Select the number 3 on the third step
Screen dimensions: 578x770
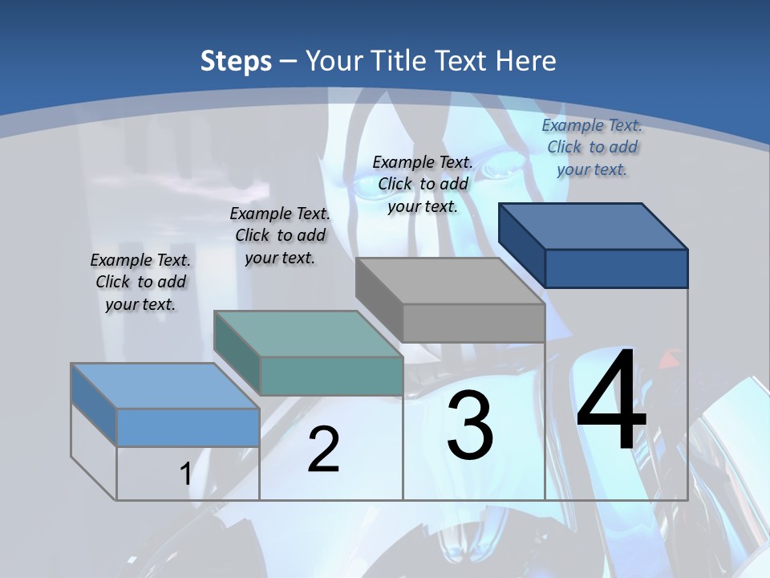click(470, 425)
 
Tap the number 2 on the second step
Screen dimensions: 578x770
click(323, 450)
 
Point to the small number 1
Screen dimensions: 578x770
click(185, 474)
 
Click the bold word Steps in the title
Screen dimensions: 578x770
click(236, 61)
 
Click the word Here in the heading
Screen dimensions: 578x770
click(526, 61)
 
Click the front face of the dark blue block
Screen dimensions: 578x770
click(616, 268)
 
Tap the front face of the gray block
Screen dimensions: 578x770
click(473, 323)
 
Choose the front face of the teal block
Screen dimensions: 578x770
click(331, 376)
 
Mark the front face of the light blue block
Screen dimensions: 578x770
click(188, 427)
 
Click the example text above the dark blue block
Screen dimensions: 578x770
click(592, 147)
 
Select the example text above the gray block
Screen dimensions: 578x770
click(423, 184)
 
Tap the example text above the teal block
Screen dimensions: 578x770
click(280, 235)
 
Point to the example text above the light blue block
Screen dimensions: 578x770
click(140, 282)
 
